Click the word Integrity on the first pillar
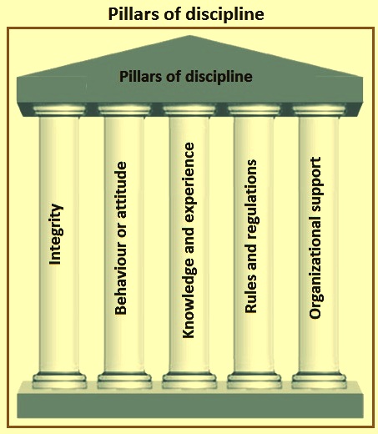pyautogui.click(x=56, y=235)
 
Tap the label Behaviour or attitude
pyautogui.click(x=121, y=238)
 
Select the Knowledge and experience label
pyautogui.click(x=189, y=240)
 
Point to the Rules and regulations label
pyautogui.click(x=251, y=236)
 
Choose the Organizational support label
pyautogui.click(x=316, y=238)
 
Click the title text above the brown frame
pyautogui.click(x=186, y=13)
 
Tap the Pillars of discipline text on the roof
pyautogui.click(x=186, y=77)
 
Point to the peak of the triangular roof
pyautogui.click(x=189, y=36)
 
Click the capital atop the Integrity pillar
pyautogui.click(x=59, y=110)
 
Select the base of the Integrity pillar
pyautogui.click(x=59, y=380)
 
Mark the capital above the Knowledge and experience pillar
pyautogui.click(x=189, y=110)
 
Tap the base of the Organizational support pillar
pyautogui.click(x=319, y=380)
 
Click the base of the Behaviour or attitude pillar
pyautogui.click(x=124, y=380)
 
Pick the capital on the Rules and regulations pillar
pyautogui.click(x=254, y=110)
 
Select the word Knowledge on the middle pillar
pyautogui.click(x=189, y=298)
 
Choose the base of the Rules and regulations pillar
pyautogui.click(x=255, y=380)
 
